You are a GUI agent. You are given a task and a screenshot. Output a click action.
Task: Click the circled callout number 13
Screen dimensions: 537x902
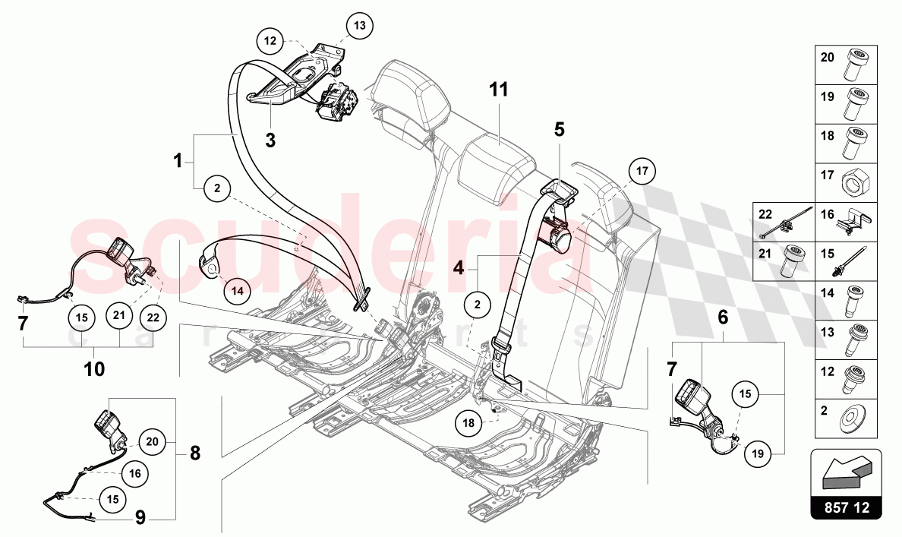pos(359,25)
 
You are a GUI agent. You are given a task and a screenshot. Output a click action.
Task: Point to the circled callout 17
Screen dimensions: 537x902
pos(642,171)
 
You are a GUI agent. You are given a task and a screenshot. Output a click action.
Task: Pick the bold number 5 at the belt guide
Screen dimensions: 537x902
pos(560,129)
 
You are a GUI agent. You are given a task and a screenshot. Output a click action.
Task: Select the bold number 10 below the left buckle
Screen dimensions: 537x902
pos(95,369)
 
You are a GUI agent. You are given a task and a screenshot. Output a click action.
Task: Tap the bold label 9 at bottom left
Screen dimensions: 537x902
pos(140,518)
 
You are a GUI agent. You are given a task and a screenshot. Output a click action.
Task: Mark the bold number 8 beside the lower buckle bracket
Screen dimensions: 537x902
pos(194,453)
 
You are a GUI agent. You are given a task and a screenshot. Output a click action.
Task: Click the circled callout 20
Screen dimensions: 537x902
pos(151,441)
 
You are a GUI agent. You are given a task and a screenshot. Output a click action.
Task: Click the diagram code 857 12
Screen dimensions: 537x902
pos(846,507)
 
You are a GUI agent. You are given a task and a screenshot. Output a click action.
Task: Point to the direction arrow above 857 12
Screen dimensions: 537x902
pos(846,472)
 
